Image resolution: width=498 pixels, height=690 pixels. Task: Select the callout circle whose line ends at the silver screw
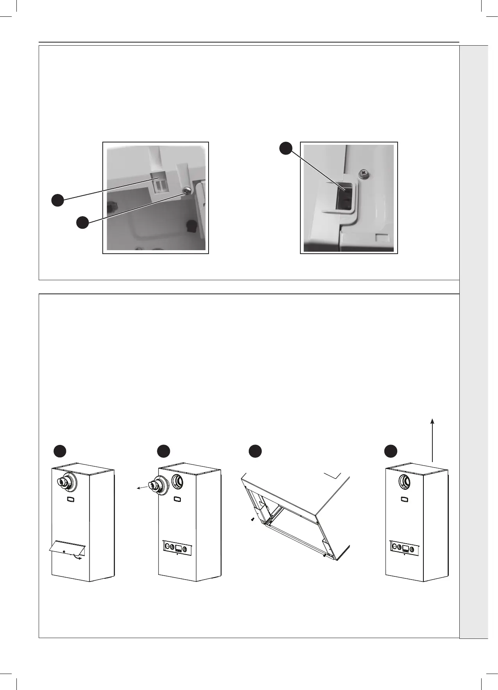click(x=82, y=223)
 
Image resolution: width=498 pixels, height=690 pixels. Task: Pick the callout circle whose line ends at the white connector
click(x=58, y=200)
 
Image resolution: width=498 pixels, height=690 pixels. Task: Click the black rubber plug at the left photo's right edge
click(x=192, y=226)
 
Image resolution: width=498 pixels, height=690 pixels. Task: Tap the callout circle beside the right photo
click(x=286, y=148)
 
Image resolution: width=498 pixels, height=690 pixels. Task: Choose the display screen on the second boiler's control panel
click(x=178, y=548)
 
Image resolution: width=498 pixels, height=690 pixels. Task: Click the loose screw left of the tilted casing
click(x=252, y=519)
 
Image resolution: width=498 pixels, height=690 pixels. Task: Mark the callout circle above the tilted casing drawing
click(x=255, y=451)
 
